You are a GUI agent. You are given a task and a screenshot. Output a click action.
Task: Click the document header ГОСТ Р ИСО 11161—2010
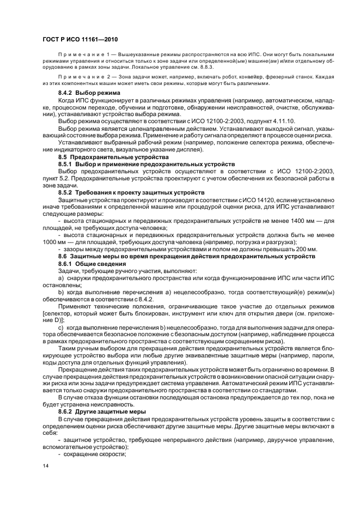click(81, 40)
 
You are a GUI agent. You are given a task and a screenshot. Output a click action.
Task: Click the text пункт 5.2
click(59, 178)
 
